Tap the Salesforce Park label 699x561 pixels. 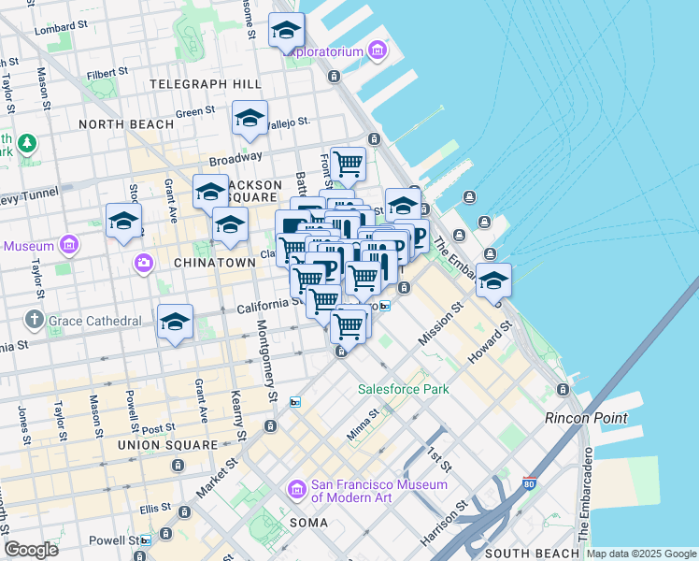pyautogui.click(x=404, y=389)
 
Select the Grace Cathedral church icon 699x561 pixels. pyautogui.click(x=35, y=320)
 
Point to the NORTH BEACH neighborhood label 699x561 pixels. pyautogui.click(x=126, y=124)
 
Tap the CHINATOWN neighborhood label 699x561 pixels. pyautogui.click(x=214, y=263)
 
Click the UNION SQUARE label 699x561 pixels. pyautogui.click(x=168, y=445)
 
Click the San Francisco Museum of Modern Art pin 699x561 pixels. pyautogui.click(x=297, y=489)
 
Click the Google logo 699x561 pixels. pyautogui.click(x=32, y=550)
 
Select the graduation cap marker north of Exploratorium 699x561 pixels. pyautogui.click(x=287, y=31)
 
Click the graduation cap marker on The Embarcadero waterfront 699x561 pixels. pyautogui.click(x=493, y=280)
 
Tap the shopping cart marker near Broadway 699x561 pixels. pyautogui.click(x=348, y=165)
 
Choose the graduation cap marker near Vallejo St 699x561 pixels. pyautogui.click(x=250, y=118)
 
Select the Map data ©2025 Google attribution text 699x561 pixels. pyautogui.click(x=641, y=554)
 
